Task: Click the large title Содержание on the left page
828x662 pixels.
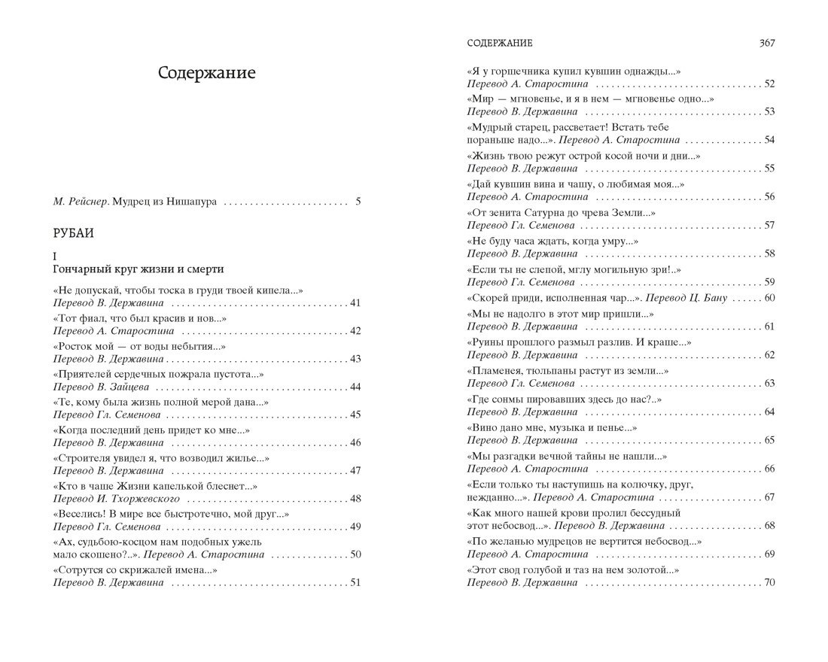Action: coord(207,73)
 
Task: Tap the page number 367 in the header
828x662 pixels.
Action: coord(766,44)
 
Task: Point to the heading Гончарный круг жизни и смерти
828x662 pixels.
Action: coord(139,269)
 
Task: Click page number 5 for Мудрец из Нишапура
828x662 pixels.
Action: coord(358,202)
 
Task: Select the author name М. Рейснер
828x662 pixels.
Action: coord(81,202)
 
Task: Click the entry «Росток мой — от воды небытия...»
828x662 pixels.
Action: coord(140,346)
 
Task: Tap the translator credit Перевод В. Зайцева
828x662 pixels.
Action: coord(101,387)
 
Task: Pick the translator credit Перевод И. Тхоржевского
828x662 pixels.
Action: coord(115,498)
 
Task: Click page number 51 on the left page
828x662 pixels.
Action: coord(356,582)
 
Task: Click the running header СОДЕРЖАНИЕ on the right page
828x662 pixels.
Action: coord(501,44)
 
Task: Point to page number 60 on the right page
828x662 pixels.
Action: coord(769,298)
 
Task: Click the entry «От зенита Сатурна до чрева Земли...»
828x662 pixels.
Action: coord(561,214)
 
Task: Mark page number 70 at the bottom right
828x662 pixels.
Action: coord(769,582)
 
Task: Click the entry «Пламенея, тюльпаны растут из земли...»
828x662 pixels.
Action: coord(568,372)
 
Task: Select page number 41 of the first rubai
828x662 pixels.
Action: coord(356,302)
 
